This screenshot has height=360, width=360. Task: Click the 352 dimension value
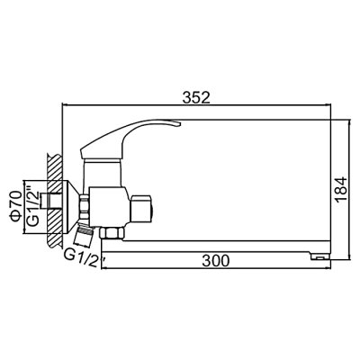[196, 97]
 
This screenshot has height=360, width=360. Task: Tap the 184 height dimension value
[341, 191]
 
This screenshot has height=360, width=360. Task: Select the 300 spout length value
[216, 260]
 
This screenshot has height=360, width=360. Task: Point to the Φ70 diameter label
[15, 206]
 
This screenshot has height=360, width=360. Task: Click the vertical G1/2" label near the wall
[32, 206]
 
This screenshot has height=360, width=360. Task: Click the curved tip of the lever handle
[176, 123]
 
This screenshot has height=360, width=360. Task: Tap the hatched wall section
[54, 201]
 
